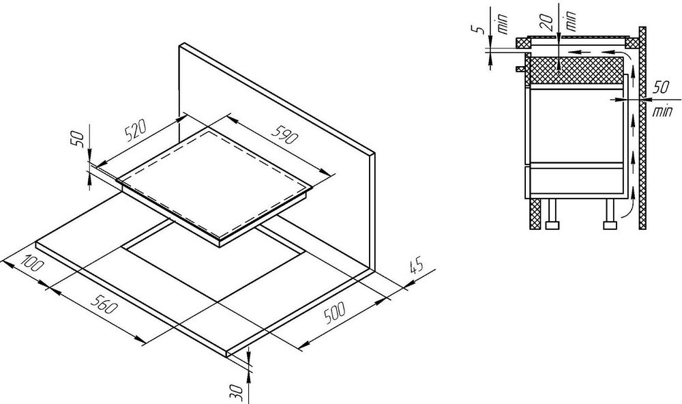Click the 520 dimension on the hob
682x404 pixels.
click(136, 132)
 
